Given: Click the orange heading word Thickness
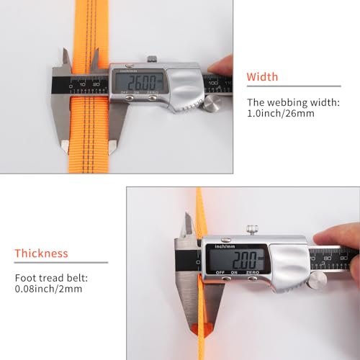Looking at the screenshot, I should [x=42, y=253].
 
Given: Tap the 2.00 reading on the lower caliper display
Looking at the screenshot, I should [x=235, y=258].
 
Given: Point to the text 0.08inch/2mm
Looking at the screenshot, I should [x=48, y=288].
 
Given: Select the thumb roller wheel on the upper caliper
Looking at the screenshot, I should [x=211, y=105].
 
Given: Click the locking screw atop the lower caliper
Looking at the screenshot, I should [x=251, y=230].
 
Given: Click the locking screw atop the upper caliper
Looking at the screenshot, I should [x=152, y=59].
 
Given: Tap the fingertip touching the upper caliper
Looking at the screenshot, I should [x=225, y=66].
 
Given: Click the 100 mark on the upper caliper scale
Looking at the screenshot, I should [x=213, y=82].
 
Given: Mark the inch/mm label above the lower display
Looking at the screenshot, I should [x=218, y=246].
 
